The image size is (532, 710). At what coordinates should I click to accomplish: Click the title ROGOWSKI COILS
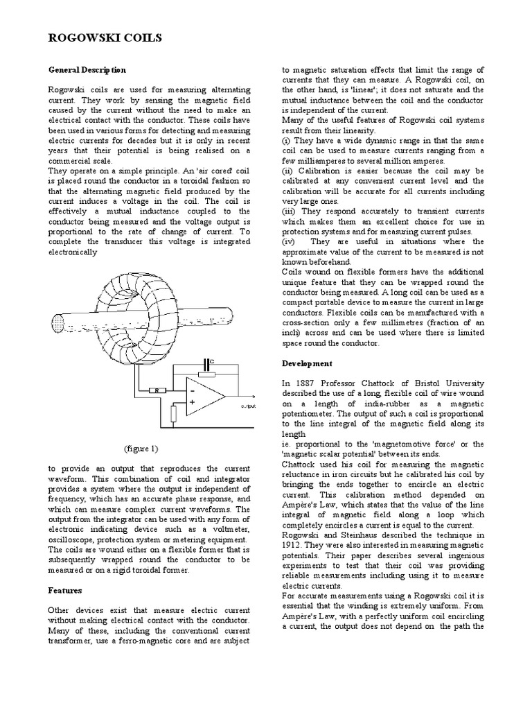click(x=105, y=39)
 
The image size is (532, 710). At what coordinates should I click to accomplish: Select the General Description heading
click(x=87, y=70)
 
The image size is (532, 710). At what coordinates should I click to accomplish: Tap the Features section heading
click(x=65, y=590)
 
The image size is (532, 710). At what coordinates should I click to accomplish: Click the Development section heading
click(x=307, y=363)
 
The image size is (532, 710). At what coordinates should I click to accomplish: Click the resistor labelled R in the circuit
click(x=158, y=391)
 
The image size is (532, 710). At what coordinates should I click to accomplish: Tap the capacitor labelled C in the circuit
click(x=207, y=364)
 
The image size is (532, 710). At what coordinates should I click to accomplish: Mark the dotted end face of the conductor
click(x=57, y=322)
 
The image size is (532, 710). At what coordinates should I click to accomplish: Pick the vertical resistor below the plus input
click(x=174, y=414)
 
